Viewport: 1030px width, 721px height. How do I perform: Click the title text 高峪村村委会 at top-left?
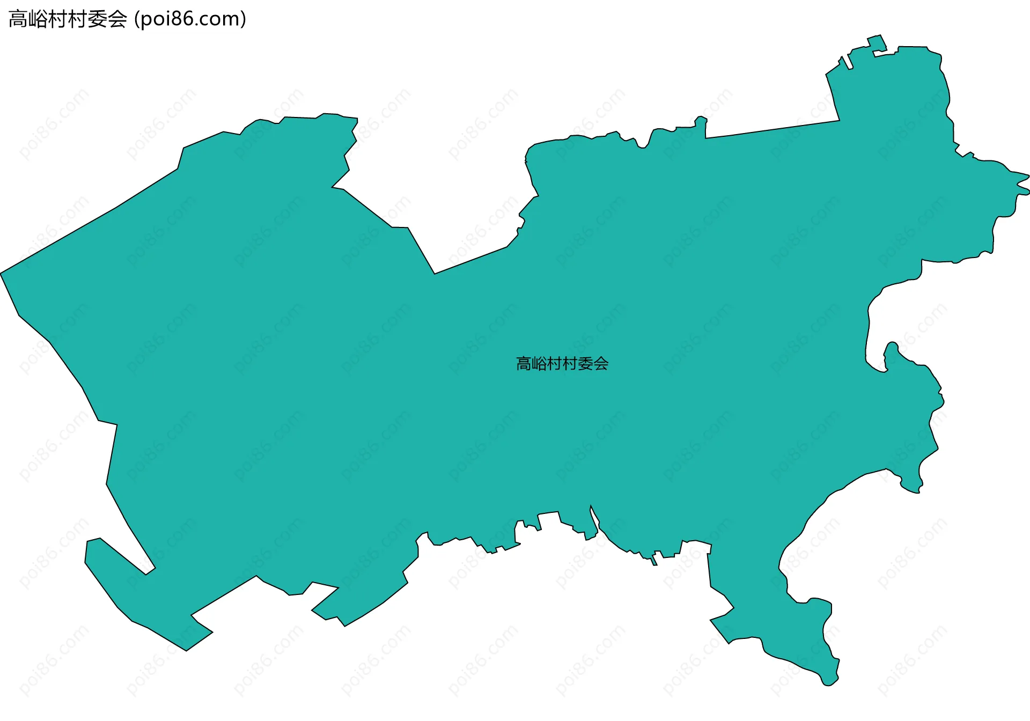[68, 19]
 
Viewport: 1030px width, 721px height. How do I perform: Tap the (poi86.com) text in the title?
[190, 19]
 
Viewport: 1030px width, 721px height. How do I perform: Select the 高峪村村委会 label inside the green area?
[562, 364]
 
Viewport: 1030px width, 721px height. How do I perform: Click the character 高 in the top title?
[18, 19]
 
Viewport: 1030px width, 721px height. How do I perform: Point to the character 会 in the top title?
[117, 19]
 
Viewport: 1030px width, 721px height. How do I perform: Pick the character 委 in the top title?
[98, 19]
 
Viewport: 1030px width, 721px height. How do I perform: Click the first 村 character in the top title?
[58, 19]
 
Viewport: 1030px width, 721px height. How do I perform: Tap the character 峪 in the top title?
[38, 19]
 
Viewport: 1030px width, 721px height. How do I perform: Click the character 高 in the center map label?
[524, 364]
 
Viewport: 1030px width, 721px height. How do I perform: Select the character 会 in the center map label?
[601, 364]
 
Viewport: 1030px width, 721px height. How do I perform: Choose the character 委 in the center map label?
[586, 364]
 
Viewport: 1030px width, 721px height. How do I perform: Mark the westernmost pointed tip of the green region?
[2, 274]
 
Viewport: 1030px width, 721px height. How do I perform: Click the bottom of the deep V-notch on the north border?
[435, 273]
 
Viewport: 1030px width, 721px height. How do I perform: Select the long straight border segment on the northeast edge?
[772, 129]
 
